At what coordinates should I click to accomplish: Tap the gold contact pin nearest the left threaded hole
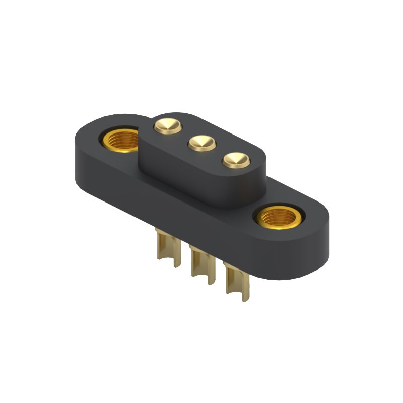pyautogui.click(x=167, y=124)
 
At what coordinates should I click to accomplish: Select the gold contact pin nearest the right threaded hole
pyautogui.click(x=236, y=161)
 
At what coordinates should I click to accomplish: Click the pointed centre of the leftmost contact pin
pyautogui.click(x=167, y=123)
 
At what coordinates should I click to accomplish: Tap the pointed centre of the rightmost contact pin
pyautogui.click(x=236, y=159)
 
